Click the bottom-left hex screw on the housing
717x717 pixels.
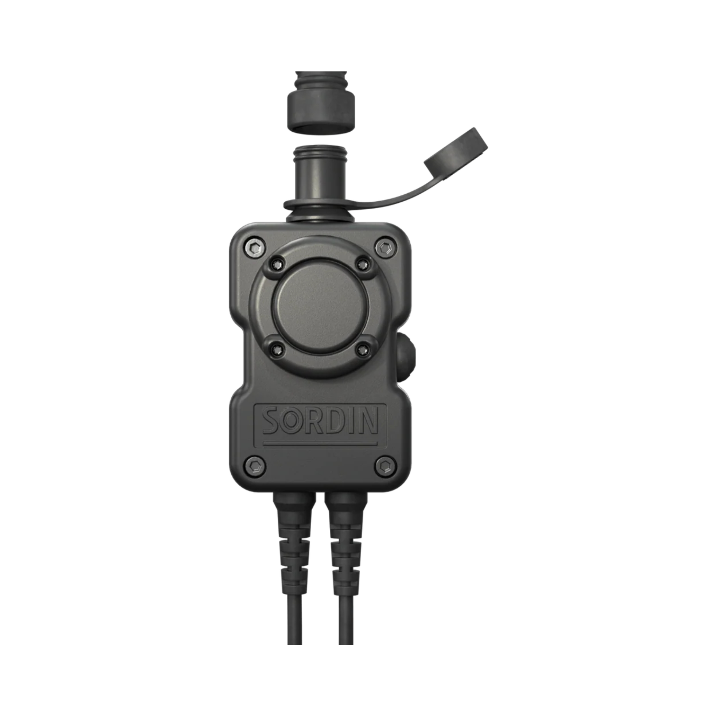(256, 465)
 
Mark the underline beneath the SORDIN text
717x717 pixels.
(320, 444)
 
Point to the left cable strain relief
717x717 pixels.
(295, 538)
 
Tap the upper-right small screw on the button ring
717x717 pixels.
(363, 264)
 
